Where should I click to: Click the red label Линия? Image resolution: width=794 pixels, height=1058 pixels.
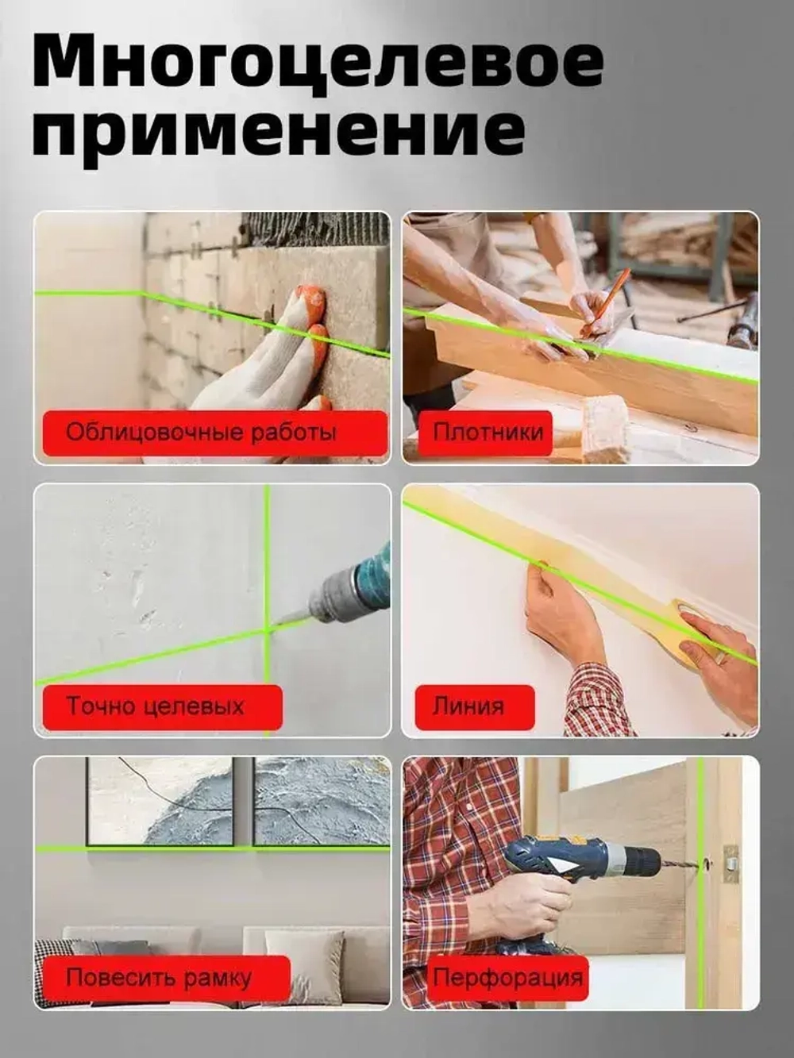point(468,706)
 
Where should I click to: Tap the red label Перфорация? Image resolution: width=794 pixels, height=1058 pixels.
point(507,978)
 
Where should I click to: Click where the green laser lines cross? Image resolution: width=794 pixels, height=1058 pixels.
point(268,629)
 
